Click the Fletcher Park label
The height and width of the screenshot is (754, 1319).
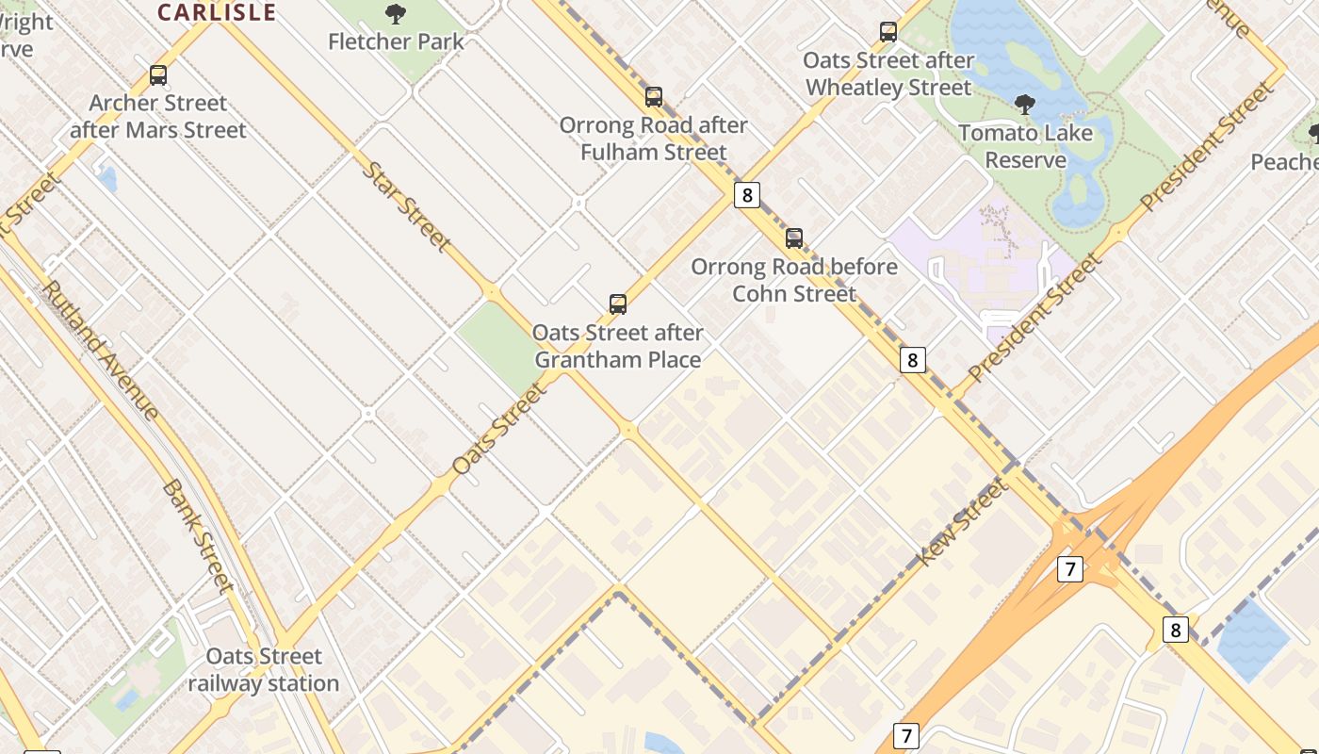pos(396,41)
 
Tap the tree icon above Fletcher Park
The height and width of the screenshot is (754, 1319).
pos(396,14)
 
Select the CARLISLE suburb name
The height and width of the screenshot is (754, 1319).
pos(217,12)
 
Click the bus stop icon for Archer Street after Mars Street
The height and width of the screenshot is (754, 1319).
pos(158,75)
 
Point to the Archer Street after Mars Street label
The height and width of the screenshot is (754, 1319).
pos(158,116)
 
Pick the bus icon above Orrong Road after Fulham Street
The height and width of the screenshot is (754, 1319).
pos(654,97)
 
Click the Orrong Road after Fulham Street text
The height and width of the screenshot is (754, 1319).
pos(654,139)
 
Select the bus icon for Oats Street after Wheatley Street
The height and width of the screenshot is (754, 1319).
pos(888,32)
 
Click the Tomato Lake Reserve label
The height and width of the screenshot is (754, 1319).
pos(1025,146)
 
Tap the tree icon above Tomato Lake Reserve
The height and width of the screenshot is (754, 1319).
pos(1025,105)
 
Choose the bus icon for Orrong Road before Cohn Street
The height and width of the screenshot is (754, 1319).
pos(794,238)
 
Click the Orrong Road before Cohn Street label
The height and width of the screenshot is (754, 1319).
pos(794,280)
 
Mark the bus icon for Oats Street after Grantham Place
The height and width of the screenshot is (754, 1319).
pos(618,304)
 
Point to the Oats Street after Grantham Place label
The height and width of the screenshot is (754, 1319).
pos(618,346)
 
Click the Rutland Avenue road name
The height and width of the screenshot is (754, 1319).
pos(101,349)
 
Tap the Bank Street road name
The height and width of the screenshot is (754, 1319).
pos(198,535)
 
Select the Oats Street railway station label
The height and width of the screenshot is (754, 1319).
pos(264,669)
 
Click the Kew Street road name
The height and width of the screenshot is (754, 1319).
pos(962,521)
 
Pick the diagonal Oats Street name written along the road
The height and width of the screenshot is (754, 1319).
pos(499,429)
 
